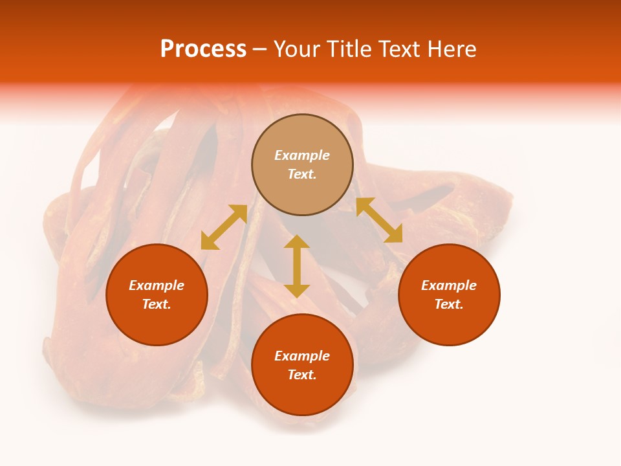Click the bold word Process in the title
pos(203,49)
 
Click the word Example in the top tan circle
pos(302,155)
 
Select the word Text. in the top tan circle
pos(302,174)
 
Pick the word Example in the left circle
pos(157,285)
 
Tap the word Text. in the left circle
pos(157,304)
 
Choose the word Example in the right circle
pos(449,285)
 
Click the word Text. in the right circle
pos(449,304)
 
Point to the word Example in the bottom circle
pos(302,356)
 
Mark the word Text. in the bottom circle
pos(302,375)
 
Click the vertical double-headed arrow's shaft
pos(297,266)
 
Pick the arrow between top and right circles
pos(379,220)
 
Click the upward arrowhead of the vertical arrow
pos(297,242)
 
